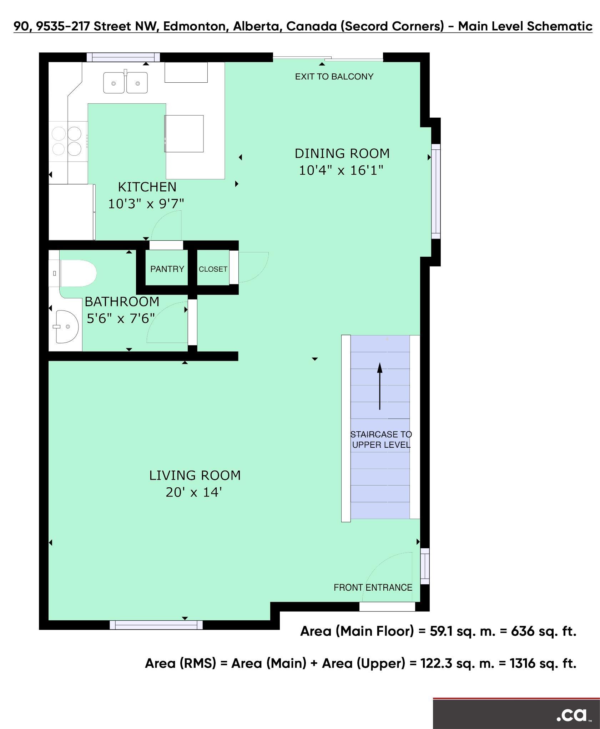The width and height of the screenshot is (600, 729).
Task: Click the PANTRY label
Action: tap(167, 269)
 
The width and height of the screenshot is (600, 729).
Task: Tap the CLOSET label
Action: tap(213, 269)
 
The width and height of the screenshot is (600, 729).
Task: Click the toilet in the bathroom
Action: tap(78, 273)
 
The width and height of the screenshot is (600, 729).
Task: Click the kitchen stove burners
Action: tap(67, 141)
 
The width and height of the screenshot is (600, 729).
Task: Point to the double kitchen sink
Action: tap(125, 83)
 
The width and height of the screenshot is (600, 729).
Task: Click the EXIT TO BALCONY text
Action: tap(334, 77)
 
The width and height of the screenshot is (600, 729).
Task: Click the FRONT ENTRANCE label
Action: tap(373, 587)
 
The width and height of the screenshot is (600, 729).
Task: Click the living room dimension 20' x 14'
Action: tap(194, 492)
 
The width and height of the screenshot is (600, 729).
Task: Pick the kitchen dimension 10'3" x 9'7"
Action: tap(146, 204)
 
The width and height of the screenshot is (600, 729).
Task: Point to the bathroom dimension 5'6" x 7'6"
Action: tap(121, 318)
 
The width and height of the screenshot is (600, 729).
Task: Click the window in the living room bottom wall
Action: tap(156, 625)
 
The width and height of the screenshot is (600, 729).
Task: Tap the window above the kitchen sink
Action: tap(123, 57)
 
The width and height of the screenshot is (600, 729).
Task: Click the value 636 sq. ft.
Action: tap(544, 631)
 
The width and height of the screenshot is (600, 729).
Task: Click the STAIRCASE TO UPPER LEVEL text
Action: tap(381, 440)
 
